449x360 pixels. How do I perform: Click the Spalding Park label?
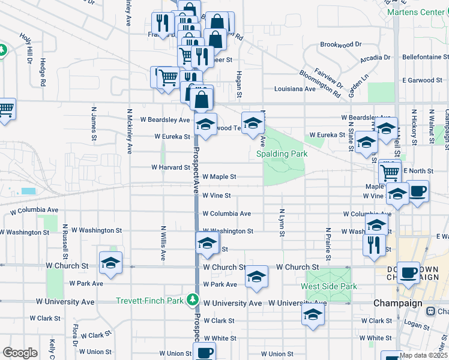pyautogui.click(x=282, y=154)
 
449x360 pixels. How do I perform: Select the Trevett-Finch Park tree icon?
pyautogui.click(x=192, y=298)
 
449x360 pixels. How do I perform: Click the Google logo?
pyautogui.click(x=20, y=352)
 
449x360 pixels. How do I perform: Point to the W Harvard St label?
pyautogui.click(x=170, y=167)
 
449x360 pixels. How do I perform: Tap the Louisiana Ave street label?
pyautogui.click(x=295, y=89)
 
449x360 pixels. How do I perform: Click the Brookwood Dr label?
pyautogui.click(x=341, y=44)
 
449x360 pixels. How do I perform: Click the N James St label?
pyautogui.click(x=94, y=125)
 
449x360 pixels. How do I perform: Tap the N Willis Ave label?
pyautogui.click(x=163, y=243)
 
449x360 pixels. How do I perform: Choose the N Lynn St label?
pyautogui.click(x=281, y=222)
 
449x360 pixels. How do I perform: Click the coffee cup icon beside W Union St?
pyautogui.click(x=205, y=353)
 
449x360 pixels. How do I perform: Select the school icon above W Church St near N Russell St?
pyautogui.click(x=111, y=262)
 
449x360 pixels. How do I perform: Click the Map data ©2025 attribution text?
pyautogui.click(x=423, y=355)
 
